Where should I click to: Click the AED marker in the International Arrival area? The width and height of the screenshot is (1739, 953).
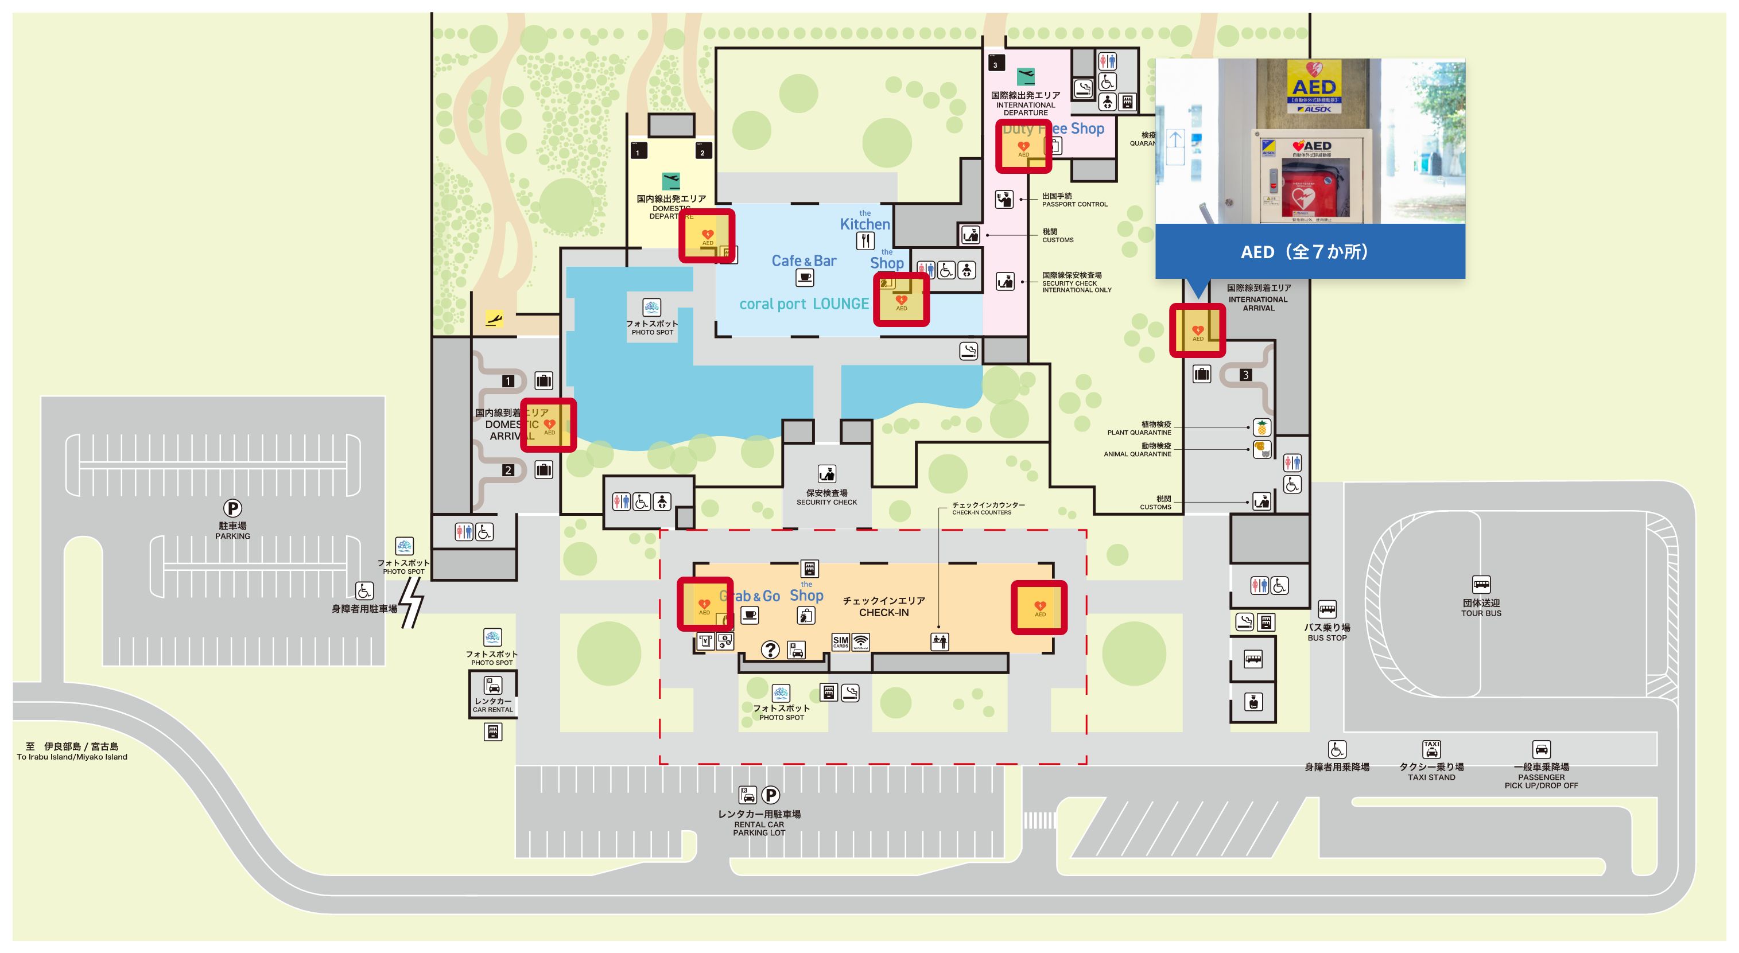tap(1198, 330)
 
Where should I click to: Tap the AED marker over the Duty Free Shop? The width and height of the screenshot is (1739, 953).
tap(1023, 147)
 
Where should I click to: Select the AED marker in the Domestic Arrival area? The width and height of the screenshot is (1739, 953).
tap(549, 425)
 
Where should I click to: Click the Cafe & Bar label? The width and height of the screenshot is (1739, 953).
tap(803, 260)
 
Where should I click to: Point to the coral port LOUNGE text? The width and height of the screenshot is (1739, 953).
tap(803, 304)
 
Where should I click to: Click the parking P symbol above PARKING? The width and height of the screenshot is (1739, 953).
tap(232, 508)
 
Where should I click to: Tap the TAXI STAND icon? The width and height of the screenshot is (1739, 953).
tap(1431, 749)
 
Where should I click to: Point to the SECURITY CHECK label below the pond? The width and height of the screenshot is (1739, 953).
tap(826, 502)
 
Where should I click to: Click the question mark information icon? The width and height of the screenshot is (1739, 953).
tap(770, 650)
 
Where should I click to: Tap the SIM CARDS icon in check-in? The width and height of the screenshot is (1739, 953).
tap(840, 641)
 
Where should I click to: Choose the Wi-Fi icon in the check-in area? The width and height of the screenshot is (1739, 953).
tap(861, 641)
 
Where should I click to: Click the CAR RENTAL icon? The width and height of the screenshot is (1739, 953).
tap(493, 686)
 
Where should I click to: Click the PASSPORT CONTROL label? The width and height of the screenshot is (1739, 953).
tap(1074, 204)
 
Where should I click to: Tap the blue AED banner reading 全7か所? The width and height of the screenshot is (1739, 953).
tap(1310, 252)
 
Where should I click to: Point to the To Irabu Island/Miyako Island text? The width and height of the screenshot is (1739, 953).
tap(72, 757)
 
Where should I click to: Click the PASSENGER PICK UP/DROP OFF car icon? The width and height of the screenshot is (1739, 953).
tap(1541, 749)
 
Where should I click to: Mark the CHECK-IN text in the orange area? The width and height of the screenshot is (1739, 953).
tap(884, 613)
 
